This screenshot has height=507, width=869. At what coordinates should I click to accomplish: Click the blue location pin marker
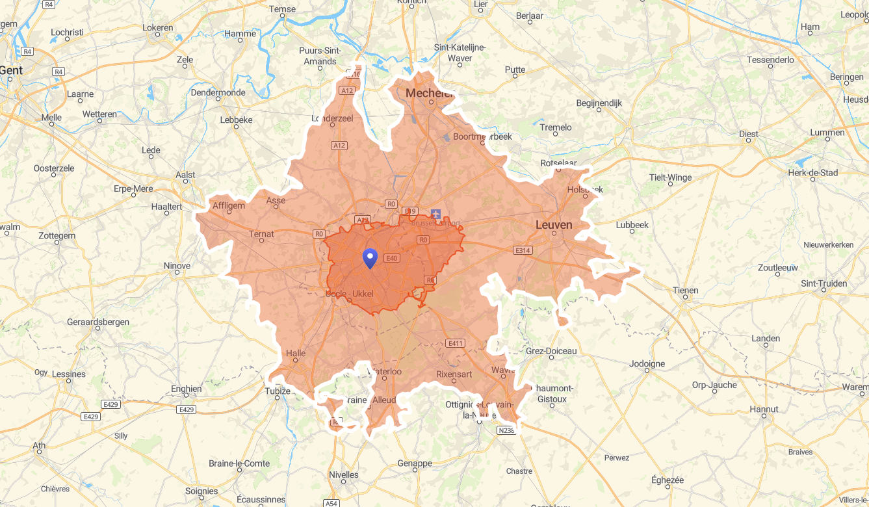point(370,258)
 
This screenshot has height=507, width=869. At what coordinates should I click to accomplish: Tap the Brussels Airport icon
point(435,214)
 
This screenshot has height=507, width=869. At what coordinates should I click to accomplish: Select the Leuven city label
point(554,225)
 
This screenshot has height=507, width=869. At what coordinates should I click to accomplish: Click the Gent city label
point(11,70)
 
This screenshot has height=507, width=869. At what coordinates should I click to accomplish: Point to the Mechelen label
point(429,93)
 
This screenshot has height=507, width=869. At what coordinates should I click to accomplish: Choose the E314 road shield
point(523,250)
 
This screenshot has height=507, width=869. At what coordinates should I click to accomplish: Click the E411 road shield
point(456,343)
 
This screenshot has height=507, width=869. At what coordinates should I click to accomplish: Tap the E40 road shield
point(391,258)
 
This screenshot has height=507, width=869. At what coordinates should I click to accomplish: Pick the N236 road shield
point(506,430)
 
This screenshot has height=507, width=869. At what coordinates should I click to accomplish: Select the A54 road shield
point(331,502)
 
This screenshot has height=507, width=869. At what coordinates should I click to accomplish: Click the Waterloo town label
point(385,372)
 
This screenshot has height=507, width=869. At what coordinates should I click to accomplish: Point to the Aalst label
point(185,175)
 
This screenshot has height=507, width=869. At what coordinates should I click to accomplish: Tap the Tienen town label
point(685,291)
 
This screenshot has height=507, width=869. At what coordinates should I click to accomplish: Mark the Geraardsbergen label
point(98,322)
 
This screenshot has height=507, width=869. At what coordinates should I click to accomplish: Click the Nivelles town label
point(344,474)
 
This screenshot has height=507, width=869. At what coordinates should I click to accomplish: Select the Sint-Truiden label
point(824,283)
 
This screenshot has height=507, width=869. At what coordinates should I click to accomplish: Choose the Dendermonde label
point(218,92)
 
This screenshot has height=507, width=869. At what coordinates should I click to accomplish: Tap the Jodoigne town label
point(647,363)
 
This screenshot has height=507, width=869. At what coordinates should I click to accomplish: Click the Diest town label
point(749,134)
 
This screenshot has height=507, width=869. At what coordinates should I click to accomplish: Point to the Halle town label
point(296,354)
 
